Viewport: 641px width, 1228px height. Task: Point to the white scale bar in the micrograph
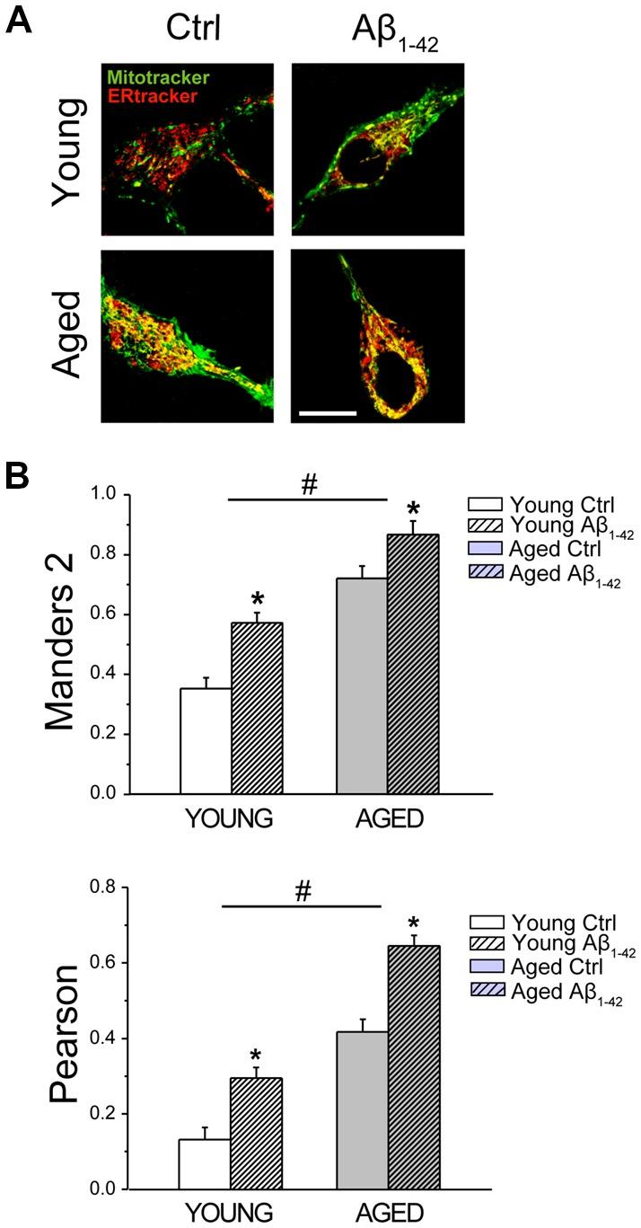(x=328, y=413)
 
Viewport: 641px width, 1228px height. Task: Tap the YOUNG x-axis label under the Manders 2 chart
(x=231, y=821)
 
